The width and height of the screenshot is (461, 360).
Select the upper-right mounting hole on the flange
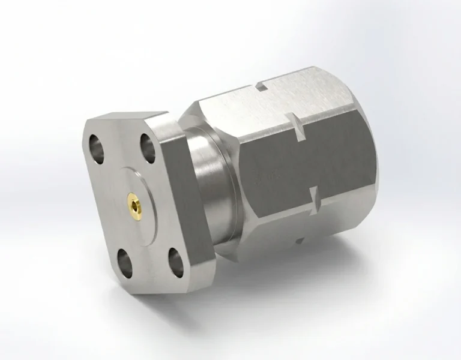[148, 143]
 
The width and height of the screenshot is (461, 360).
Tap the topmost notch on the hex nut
[262, 88]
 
